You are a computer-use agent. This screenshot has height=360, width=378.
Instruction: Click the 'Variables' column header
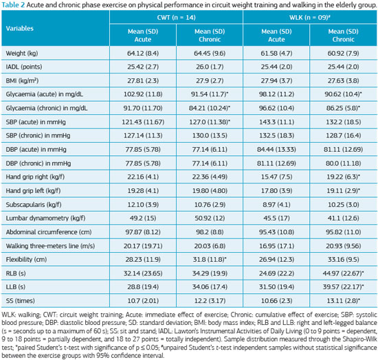click(19, 28)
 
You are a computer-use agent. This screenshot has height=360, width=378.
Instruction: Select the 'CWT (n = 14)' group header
click(176, 17)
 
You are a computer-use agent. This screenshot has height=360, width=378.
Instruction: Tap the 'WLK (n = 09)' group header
click(310, 17)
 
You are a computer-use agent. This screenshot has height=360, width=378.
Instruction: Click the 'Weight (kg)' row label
click(22, 54)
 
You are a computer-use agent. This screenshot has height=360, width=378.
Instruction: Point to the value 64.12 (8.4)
click(143, 54)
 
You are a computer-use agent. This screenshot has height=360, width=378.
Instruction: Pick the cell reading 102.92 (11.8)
click(143, 94)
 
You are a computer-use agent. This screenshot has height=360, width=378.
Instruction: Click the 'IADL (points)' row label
click(24, 67)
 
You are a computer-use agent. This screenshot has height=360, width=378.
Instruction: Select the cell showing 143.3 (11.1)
click(276, 122)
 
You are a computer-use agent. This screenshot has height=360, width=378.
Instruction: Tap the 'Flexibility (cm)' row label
click(26, 260)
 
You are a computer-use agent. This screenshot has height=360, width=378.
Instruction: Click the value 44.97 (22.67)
click(343, 273)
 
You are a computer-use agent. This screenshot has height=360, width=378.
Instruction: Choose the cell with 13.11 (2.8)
click(343, 301)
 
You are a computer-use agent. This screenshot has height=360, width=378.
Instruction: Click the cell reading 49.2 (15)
click(143, 218)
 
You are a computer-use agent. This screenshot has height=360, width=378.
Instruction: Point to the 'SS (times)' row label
click(20, 301)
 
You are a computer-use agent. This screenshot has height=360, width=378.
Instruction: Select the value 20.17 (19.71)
click(143, 246)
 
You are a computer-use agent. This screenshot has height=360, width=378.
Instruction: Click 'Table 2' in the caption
click(13, 5)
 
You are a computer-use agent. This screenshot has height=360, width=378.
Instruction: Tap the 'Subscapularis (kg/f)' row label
click(34, 205)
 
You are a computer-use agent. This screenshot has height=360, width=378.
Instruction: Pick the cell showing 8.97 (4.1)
click(276, 205)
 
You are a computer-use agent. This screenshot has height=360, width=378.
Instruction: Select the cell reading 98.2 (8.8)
click(210, 232)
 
